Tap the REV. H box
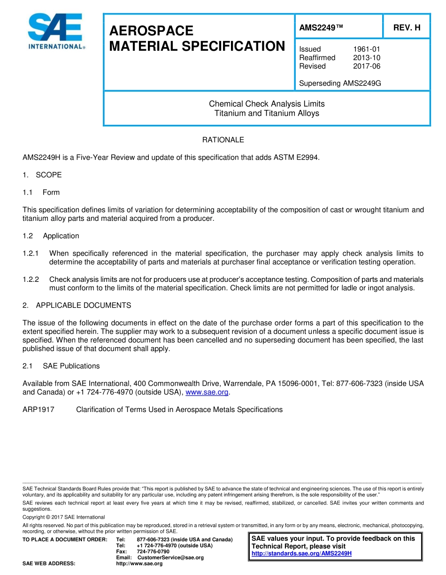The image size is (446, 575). coord(406,28)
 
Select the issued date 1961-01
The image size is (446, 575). coord(366,49)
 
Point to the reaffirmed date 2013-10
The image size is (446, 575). coord(366,58)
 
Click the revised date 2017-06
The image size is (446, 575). coord(366,66)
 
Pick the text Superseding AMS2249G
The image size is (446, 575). coord(340,84)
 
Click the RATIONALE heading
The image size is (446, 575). coord(223,140)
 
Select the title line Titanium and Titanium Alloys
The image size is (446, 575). coord(267,113)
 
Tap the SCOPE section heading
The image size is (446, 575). coord(48,175)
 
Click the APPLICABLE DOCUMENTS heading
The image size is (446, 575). coord(83,305)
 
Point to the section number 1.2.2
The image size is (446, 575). coord(31,280)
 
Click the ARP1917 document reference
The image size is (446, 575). coord(38,410)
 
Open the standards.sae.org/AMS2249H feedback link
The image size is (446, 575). coord(301,553)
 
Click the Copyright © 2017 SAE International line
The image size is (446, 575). coord(64,517)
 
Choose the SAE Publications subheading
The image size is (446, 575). coord(71,366)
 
